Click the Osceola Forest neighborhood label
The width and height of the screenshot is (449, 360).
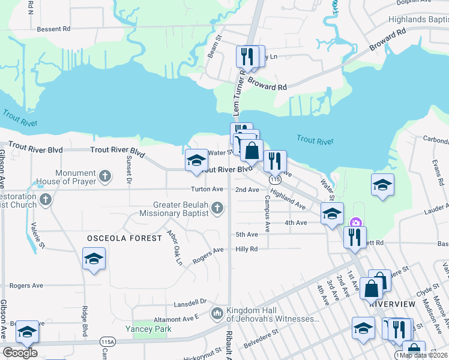coord(125,238)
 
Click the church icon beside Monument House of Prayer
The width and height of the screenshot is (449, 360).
coord(105,176)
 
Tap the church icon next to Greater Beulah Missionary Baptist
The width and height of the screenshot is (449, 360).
coord(217,208)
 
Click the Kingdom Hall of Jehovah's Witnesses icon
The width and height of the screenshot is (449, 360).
coord(217,313)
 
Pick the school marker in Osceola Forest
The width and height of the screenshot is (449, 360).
coord(93,259)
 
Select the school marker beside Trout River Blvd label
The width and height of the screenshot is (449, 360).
coord(196,160)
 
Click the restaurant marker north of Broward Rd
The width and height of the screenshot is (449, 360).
coord(247,56)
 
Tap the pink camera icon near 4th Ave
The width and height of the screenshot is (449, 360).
coord(356,223)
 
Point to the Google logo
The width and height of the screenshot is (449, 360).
coord(20,353)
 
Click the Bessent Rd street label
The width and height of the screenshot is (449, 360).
coord(53,28)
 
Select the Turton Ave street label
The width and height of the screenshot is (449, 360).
coord(207,190)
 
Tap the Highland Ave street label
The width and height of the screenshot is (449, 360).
coord(288,199)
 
